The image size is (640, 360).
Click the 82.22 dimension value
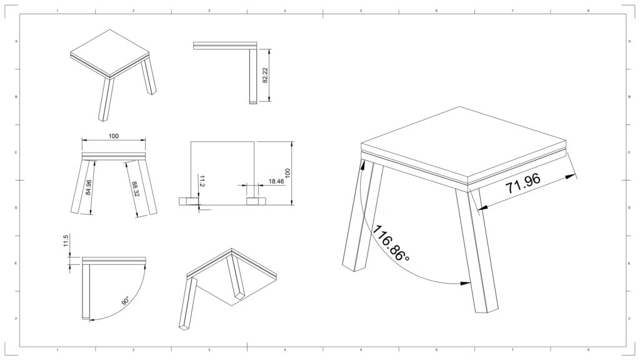coord(265,75)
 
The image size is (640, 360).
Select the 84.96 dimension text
coord(89,187)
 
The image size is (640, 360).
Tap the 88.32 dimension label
coord(135,190)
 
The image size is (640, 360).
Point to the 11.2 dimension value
coord(202,181)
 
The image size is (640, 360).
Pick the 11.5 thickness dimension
coord(67,241)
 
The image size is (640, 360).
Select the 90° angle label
coord(125,301)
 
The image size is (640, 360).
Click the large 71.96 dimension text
coord(523,183)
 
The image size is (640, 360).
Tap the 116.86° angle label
coord(391,244)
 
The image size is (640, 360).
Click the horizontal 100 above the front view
coord(114,136)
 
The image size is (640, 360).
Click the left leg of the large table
coord(362,216)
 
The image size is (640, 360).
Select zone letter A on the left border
coord(16,41)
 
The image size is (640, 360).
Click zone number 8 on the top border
coord(588,10)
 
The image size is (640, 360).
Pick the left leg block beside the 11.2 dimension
coord(189,201)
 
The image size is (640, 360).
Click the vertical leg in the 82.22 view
coord(253,76)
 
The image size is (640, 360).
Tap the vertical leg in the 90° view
coord(86,291)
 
